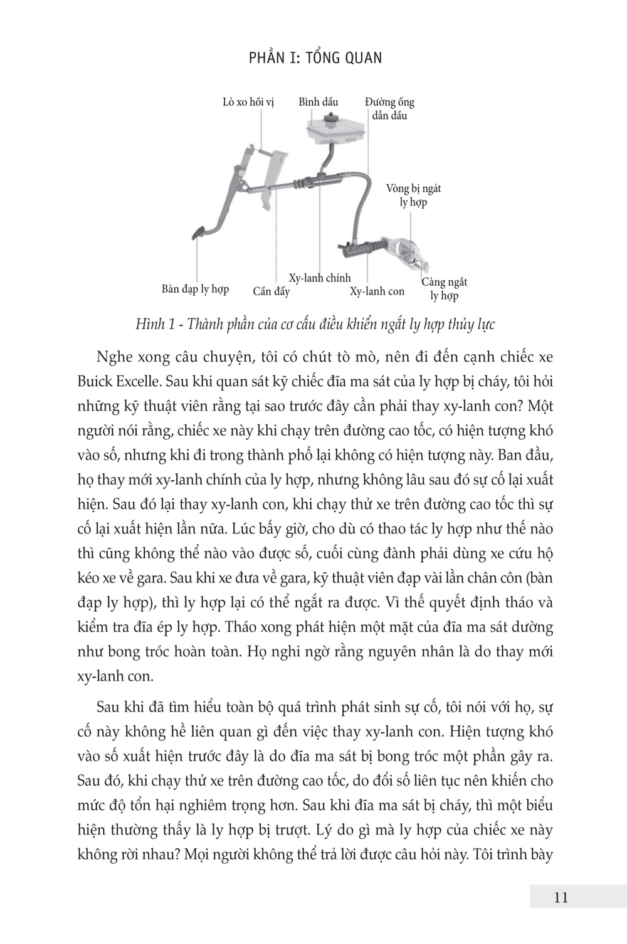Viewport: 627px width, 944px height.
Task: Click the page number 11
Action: tap(561, 897)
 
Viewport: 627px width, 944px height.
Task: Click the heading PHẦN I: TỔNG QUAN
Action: tap(315, 58)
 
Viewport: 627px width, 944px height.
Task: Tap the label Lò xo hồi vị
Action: tap(248, 102)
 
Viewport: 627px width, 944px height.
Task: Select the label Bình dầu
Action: tap(318, 102)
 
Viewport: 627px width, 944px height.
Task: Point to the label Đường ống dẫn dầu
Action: tap(389, 108)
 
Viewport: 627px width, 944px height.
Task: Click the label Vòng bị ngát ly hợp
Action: tap(413, 195)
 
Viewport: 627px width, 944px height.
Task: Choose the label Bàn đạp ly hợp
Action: tap(195, 289)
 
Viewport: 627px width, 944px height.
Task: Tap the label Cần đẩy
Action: tap(271, 291)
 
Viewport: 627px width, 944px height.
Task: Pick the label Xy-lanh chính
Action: tap(320, 278)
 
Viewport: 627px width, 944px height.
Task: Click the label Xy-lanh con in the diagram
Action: tap(377, 291)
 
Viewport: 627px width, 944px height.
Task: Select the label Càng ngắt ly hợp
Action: tap(444, 289)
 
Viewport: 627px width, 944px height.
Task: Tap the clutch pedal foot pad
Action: tap(198, 234)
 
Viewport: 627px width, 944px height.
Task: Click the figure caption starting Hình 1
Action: tap(315, 324)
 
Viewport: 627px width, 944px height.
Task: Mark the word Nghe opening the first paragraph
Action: tap(115, 357)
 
